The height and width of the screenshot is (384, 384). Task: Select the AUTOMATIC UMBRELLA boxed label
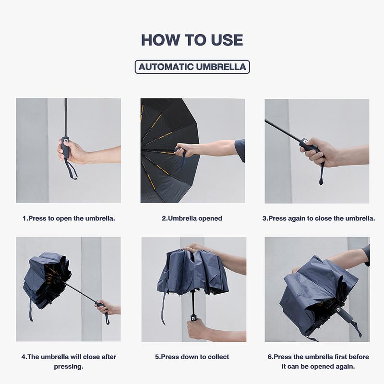(x=192, y=67)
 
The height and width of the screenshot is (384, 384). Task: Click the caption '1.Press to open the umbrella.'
(x=69, y=218)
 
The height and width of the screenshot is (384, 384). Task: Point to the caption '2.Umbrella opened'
(x=192, y=218)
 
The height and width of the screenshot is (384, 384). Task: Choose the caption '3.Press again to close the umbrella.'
(x=319, y=218)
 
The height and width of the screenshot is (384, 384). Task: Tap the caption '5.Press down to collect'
(x=192, y=357)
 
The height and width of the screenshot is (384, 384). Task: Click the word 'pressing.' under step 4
(x=69, y=367)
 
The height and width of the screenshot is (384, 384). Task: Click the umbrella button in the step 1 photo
(x=65, y=140)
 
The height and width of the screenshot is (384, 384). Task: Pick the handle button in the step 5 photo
(x=193, y=319)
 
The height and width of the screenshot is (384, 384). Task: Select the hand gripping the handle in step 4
(x=106, y=307)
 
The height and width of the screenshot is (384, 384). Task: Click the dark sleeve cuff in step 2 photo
(x=240, y=150)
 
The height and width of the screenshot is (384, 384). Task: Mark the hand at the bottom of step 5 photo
(x=198, y=329)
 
